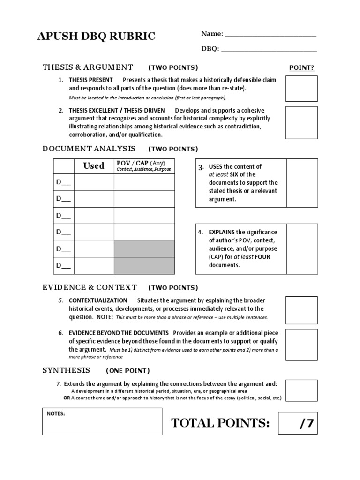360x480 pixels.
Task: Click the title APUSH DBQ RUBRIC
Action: coord(96,37)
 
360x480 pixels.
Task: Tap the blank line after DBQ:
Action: coord(269,49)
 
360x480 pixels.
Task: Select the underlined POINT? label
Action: coord(301,67)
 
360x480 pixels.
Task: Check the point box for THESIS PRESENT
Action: coord(301,89)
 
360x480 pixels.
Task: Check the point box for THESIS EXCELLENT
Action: coord(301,122)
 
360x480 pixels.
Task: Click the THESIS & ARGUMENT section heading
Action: coord(88,67)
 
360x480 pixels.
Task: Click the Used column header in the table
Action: coord(94,166)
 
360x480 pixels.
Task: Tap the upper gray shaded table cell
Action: coord(144,249)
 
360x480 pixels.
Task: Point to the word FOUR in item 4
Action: coord(262,256)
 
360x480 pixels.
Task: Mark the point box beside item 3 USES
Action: coord(302,183)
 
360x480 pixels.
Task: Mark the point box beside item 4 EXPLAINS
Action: coord(302,248)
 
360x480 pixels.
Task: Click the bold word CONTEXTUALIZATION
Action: coord(98,300)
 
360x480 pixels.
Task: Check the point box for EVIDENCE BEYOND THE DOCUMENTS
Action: coord(301,343)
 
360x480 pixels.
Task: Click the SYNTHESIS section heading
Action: coord(66,370)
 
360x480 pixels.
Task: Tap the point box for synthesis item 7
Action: coord(301,390)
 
